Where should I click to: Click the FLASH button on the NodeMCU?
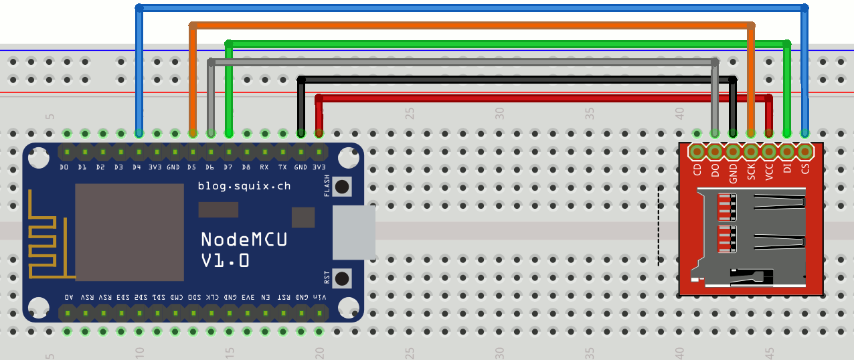[343, 187]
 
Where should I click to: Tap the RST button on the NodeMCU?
[343, 278]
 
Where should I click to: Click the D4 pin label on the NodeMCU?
[137, 167]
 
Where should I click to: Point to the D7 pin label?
[228, 167]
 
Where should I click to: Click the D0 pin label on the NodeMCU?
[64, 167]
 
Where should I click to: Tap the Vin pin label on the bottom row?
[320, 296]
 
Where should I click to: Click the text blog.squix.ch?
[244, 186]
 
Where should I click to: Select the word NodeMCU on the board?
[244, 239]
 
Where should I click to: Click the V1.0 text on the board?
[226, 260]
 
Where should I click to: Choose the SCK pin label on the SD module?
[751, 171]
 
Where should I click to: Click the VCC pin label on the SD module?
[769, 171]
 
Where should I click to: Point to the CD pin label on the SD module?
[697, 169]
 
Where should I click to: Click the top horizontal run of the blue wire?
[468, 8]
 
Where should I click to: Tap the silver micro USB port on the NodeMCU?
[353, 232]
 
